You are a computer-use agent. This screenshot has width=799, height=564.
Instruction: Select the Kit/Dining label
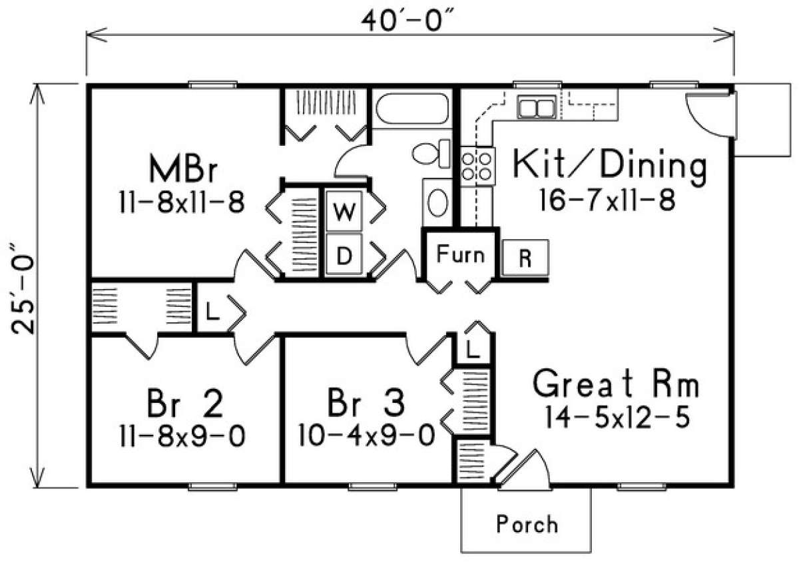[x=609, y=166]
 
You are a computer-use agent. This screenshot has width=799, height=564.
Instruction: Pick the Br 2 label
[x=183, y=404]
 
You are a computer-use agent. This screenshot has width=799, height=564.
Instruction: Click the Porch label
[x=527, y=524]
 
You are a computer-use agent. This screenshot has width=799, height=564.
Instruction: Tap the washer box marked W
[x=343, y=212]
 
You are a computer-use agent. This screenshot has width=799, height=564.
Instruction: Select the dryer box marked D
[x=343, y=255]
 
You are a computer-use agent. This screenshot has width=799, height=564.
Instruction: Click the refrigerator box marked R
[x=525, y=258]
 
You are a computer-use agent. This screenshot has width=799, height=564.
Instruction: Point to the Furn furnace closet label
[x=460, y=254]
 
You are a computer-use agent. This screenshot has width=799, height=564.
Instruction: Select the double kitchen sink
[x=536, y=107]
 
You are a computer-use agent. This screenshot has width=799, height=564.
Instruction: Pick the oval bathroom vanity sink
[x=437, y=202]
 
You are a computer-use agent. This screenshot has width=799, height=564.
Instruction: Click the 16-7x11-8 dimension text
[x=609, y=200]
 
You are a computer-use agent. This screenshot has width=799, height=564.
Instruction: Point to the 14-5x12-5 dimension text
[x=616, y=418]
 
